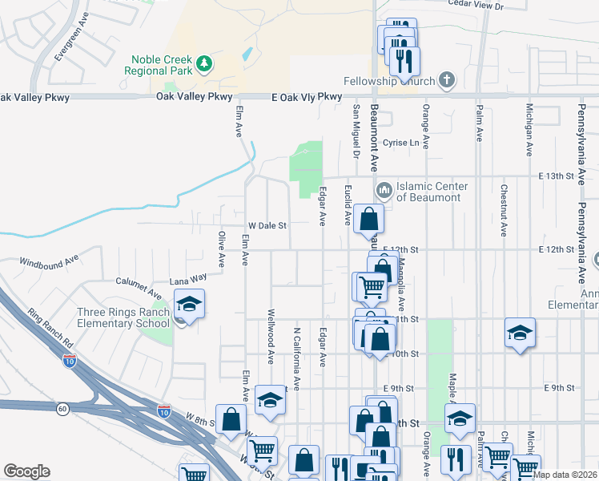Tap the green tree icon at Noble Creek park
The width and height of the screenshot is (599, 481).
click(205, 62)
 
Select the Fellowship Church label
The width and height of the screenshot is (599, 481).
click(388, 81)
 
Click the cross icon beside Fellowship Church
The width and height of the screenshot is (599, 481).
click(446, 80)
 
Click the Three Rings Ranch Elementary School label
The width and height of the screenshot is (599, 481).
click(123, 318)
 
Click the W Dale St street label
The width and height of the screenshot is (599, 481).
click(267, 226)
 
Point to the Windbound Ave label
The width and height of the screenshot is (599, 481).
click(50, 261)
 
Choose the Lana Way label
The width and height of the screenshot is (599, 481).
click(188, 280)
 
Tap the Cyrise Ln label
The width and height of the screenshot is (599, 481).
click(401, 143)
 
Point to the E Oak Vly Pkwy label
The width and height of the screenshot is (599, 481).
click(307, 96)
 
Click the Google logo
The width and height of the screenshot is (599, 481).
click(26, 471)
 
